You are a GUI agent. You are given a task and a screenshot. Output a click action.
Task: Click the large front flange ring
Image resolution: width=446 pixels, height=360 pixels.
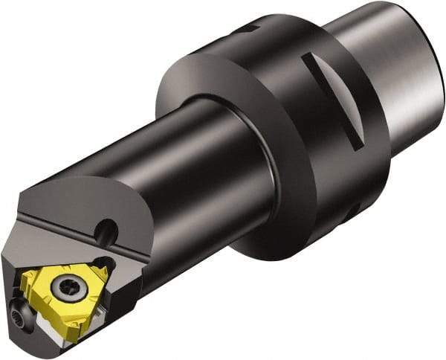(216, 149)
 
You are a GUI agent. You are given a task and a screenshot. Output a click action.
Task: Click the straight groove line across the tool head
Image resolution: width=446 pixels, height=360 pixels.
(59, 223)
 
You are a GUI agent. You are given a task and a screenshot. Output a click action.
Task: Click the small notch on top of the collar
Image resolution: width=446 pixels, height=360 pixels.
(250, 29)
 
